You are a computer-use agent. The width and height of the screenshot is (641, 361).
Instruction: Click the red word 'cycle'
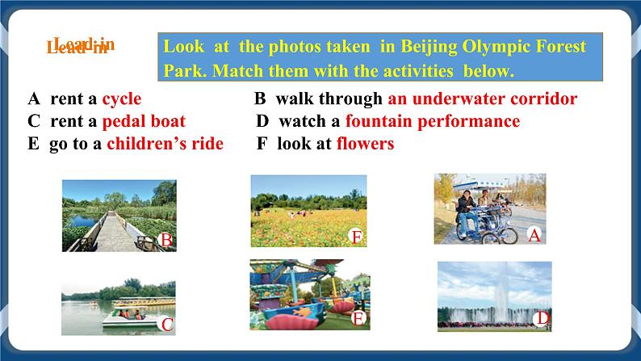coord(121,99)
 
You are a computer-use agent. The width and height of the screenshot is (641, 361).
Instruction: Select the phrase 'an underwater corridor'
coord(482,99)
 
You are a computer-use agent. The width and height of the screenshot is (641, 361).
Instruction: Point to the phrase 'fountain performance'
coord(432,122)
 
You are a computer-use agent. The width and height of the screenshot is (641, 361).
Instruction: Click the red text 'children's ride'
coord(165,145)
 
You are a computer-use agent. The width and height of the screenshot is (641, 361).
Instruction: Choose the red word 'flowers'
coord(365,145)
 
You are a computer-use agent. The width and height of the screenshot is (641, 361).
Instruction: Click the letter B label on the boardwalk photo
coord(165,240)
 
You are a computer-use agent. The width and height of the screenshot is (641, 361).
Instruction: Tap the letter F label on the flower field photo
coord(356,237)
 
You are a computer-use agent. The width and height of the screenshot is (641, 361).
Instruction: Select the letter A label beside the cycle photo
coord(533,235)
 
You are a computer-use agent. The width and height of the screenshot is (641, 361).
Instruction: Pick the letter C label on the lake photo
coord(167,325)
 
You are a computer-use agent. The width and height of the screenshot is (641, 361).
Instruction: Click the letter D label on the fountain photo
coord(543,319)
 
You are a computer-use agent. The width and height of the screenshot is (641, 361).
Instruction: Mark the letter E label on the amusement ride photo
coord(358,318)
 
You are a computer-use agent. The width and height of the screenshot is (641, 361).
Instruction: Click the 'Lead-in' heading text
coord(79,46)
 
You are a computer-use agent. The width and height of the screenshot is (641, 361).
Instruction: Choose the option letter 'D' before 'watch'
coord(262,122)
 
